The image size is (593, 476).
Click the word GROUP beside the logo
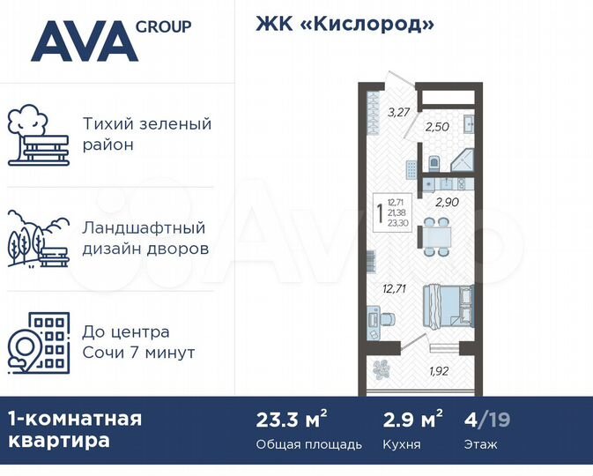click(x=163, y=26)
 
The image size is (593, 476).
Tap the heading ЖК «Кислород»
click(x=345, y=24)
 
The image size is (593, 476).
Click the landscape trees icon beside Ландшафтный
click(x=38, y=238)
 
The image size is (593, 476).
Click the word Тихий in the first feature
click(x=106, y=124)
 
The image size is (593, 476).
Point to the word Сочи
click(x=104, y=353)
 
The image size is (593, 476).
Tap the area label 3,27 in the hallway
click(x=398, y=112)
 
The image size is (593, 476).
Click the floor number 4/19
click(x=486, y=420)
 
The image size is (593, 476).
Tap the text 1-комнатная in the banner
click(x=75, y=418)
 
